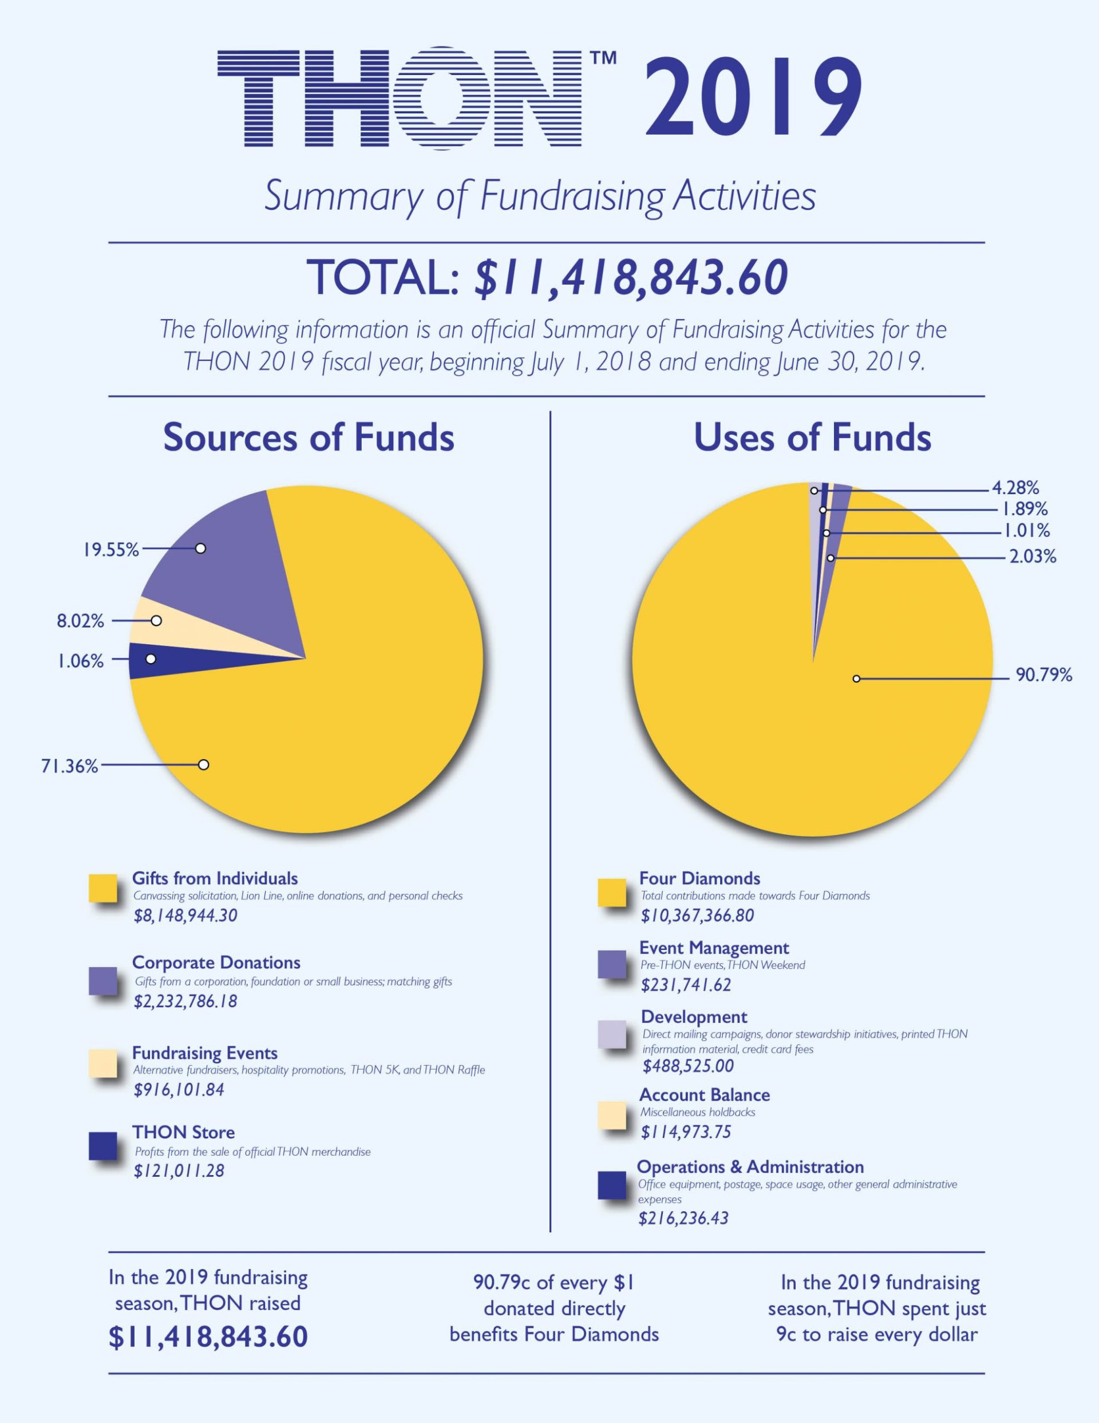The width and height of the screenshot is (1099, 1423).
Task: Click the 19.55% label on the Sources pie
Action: click(x=110, y=550)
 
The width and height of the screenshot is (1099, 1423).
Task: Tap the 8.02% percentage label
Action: click(x=80, y=621)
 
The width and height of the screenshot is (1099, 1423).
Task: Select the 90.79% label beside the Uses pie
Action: click(x=1043, y=676)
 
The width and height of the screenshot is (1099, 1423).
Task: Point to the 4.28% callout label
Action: click(x=1015, y=488)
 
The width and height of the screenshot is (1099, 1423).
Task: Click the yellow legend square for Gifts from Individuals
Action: click(x=103, y=889)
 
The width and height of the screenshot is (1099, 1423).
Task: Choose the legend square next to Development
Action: click(x=612, y=1035)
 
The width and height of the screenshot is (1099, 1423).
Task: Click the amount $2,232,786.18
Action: click(x=185, y=1002)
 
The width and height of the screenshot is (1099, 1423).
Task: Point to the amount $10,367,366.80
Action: click(x=697, y=916)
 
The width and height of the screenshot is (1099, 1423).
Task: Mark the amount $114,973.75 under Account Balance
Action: click(x=685, y=1133)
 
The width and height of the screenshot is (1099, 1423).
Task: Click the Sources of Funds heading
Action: click(x=308, y=438)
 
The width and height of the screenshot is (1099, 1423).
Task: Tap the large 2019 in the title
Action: click(x=753, y=98)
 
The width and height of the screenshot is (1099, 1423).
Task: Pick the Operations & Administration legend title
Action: click(x=750, y=1167)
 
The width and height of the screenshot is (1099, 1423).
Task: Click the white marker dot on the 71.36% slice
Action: click(x=204, y=764)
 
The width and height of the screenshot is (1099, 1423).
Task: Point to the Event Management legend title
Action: click(x=713, y=948)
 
